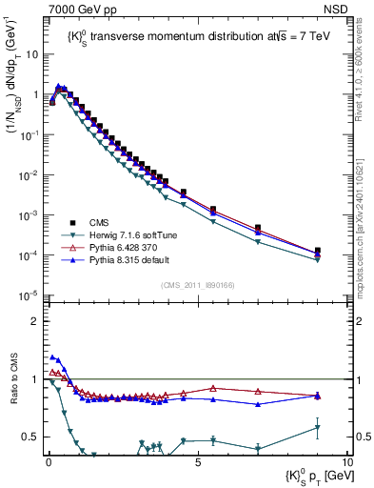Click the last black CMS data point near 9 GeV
click(x=318, y=251)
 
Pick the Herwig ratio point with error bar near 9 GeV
click(x=318, y=427)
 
